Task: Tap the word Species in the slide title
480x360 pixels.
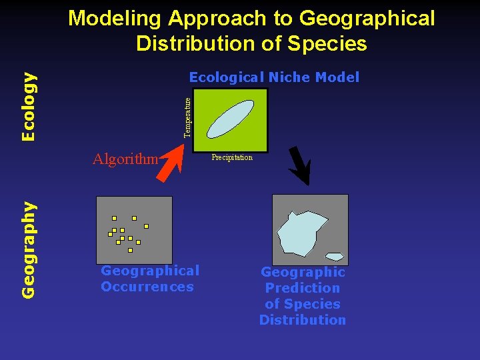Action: tap(333, 43)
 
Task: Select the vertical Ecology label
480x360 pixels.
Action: tap(29, 107)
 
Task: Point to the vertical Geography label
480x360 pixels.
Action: tap(29, 249)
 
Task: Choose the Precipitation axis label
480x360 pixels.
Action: tap(232, 158)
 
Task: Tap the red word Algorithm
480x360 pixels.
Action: tap(125, 159)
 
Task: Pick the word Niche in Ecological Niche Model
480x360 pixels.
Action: tap(290, 77)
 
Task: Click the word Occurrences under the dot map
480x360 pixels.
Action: tap(147, 287)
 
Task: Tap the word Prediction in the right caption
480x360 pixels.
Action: tap(303, 288)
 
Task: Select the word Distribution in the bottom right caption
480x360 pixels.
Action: tap(303, 320)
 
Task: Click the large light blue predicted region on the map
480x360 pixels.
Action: tap(301, 233)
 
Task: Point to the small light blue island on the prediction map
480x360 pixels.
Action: tap(335, 257)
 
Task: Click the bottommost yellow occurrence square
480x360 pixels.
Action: tap(131, 251)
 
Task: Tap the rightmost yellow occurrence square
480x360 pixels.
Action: tap(146, 226)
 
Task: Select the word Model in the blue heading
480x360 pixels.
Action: tap(337, 77)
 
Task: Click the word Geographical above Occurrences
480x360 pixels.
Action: tap(150, 271)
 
